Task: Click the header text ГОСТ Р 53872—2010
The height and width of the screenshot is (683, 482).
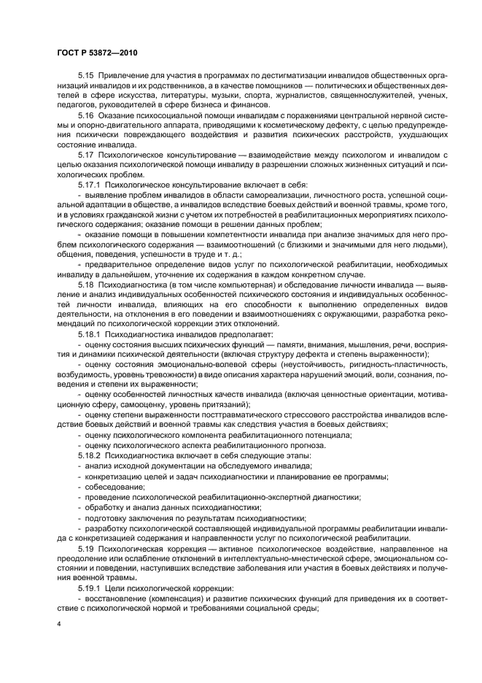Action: [x=97, y=53]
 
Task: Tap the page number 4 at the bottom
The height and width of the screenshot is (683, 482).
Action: [x=58, y=624]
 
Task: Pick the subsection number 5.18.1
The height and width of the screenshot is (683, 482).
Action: [x=90, y=333]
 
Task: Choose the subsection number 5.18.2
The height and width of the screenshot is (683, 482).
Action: [x=90, y=456]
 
